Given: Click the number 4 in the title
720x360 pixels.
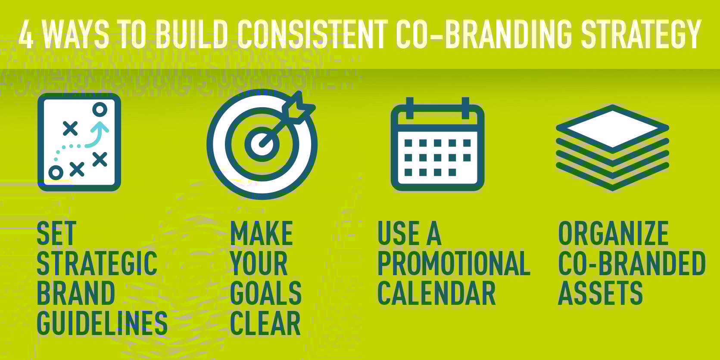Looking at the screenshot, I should (26, 35).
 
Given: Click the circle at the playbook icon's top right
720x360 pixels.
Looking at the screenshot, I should (100, 110).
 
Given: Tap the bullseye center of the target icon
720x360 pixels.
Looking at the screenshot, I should (262, 144).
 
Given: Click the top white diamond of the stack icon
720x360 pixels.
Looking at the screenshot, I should (612, 128).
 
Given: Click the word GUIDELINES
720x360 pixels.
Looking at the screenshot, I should (102, 323).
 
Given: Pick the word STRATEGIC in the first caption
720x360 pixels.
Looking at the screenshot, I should (97, 264).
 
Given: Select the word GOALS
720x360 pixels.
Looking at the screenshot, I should (266, 294).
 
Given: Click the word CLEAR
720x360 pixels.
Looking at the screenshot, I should (265, 323).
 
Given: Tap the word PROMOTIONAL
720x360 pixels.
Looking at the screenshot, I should (454, 264).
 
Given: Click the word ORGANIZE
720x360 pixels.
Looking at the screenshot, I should (613, 233).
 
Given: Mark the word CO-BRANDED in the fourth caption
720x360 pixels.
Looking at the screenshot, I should (632, 264).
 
